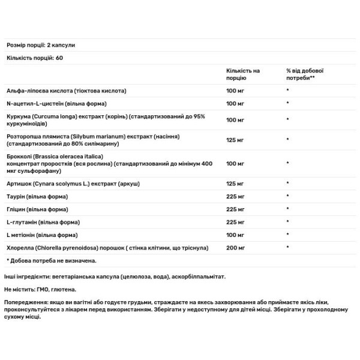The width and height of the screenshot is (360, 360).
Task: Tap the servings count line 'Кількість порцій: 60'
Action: click(x=34, y=58)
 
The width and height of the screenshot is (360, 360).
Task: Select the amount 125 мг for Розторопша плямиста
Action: click(x=235, y=140)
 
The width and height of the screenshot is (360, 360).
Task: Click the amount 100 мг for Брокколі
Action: click(x=235, y=163)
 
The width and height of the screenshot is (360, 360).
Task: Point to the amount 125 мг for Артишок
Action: click(x=235, y=182)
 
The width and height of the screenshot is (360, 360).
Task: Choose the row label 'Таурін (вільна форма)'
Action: click(x=37, y=195)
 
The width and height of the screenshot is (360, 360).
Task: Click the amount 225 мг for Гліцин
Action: click(x=235, y=208)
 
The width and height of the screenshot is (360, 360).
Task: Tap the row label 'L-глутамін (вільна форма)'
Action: click(x=42, y=221)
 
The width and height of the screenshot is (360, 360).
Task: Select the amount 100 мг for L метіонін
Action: click(x=235, y=234)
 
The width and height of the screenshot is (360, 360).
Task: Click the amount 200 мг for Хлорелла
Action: click(x=235, y=247)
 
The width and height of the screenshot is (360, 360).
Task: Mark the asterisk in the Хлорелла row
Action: click(x=288, y=247)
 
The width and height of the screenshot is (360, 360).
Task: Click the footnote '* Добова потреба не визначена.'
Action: click(x=51, y=260)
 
